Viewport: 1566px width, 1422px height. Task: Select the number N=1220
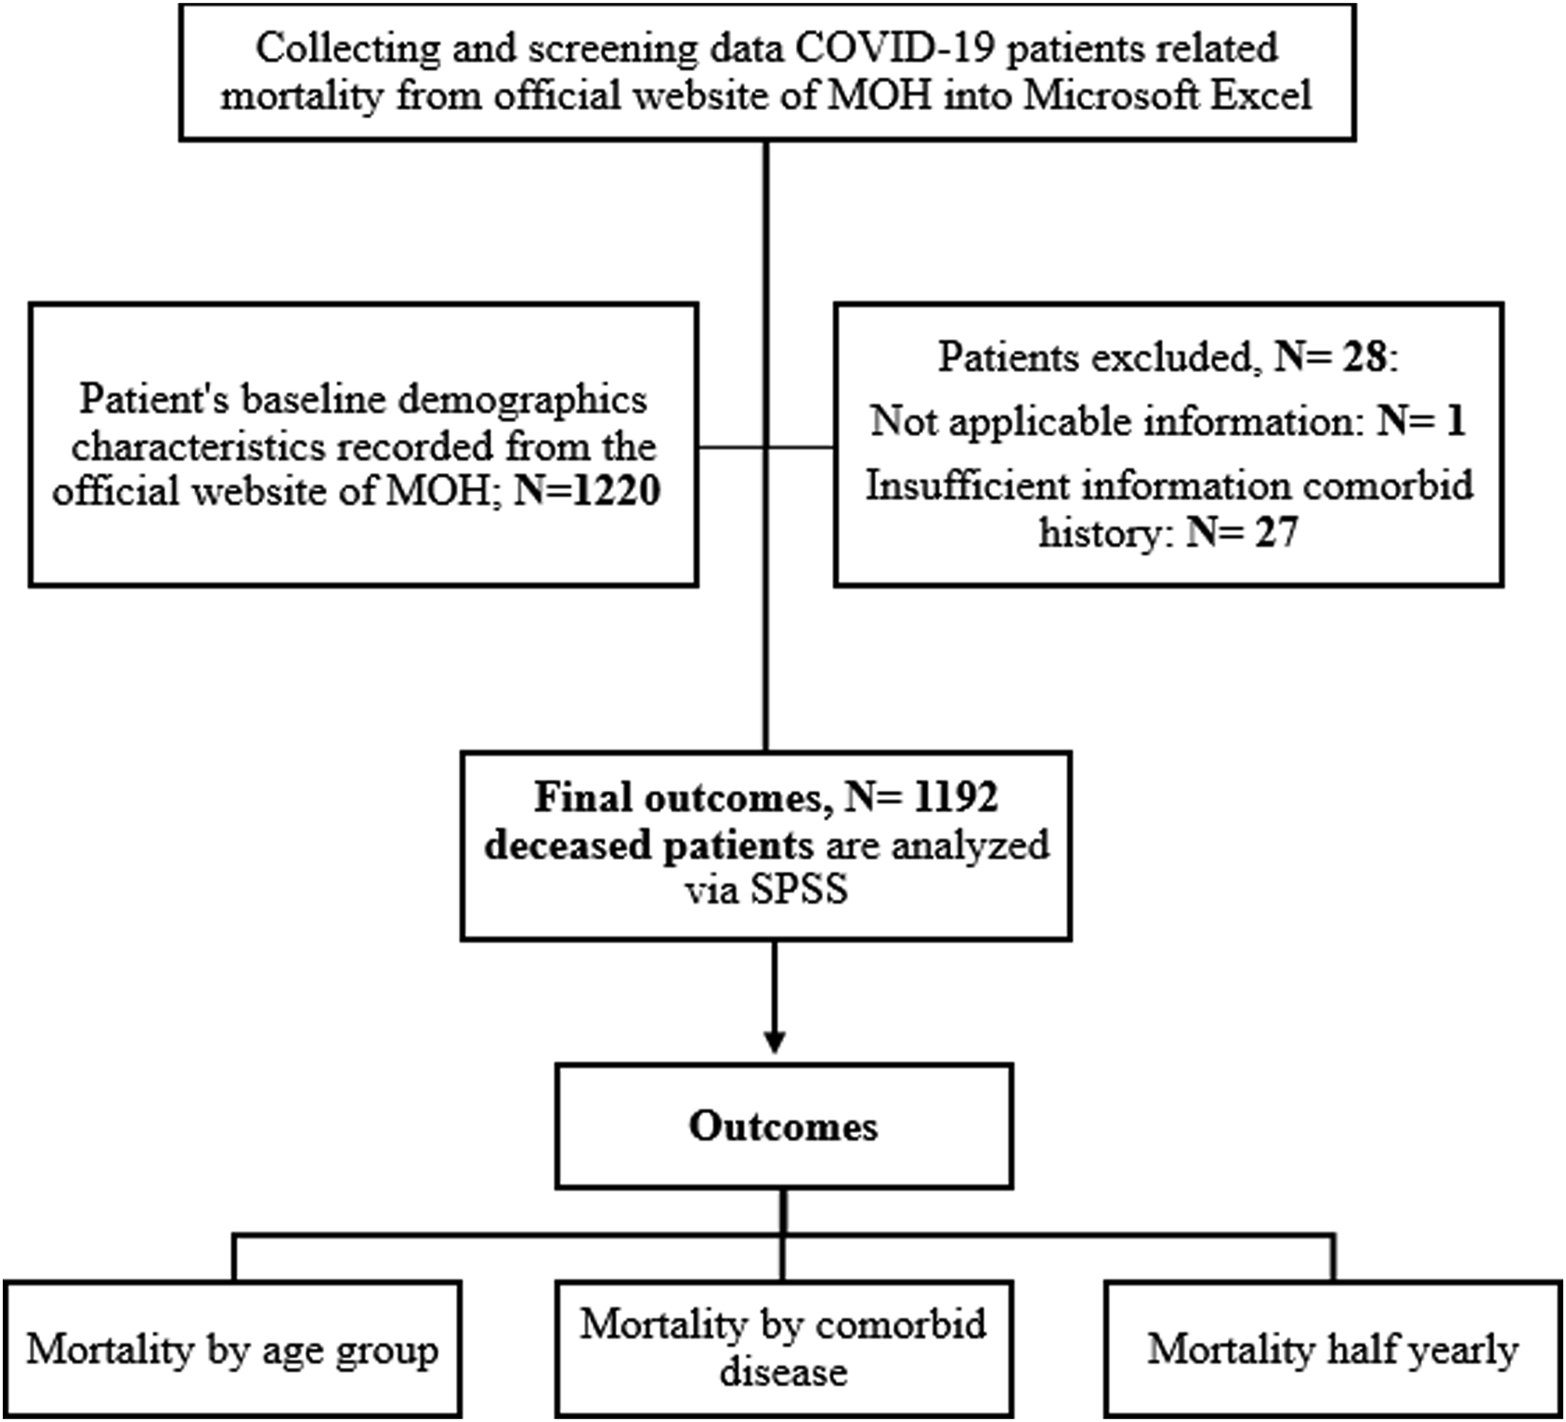pyautogui.click(x=587, y=491)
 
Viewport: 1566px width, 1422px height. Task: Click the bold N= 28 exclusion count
pyautogui.click(x=1331, y=357)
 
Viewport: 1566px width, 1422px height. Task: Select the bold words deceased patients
pyautogui.click(x=649, y=845)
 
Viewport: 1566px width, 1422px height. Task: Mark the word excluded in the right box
pyautogui.click(x=1180, y=358)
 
